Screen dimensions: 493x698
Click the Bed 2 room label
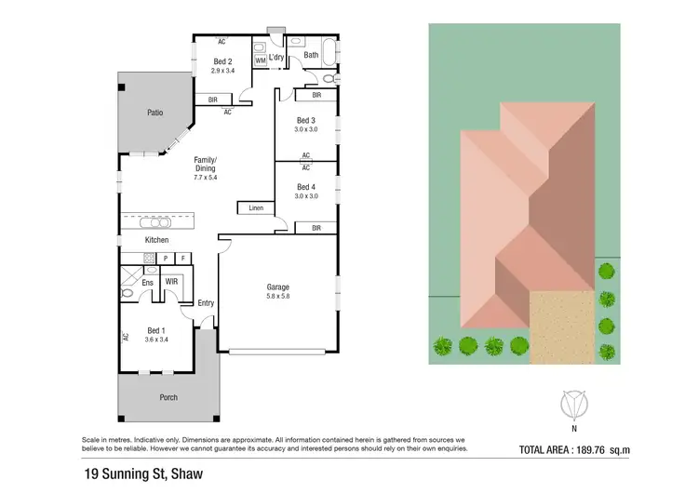[x=221, y=61]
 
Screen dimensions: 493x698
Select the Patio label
[x=155, y=113]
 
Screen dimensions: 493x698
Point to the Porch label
[x=168, y=397]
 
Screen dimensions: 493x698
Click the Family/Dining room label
[x=205, y=164]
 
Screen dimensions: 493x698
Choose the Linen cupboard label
[x=255, y=208]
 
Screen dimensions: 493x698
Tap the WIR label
[x=171, y=280]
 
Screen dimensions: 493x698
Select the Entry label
[x=206, y=303]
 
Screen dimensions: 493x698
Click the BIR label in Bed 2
[x=213, y=100]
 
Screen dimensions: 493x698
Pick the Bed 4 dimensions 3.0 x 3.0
[x=306, y=196]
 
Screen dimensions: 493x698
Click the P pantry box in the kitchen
[x=165, y=257]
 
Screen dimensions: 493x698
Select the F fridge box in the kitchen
[x=182, y=257]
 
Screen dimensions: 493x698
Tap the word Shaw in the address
[x=180, y=474]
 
